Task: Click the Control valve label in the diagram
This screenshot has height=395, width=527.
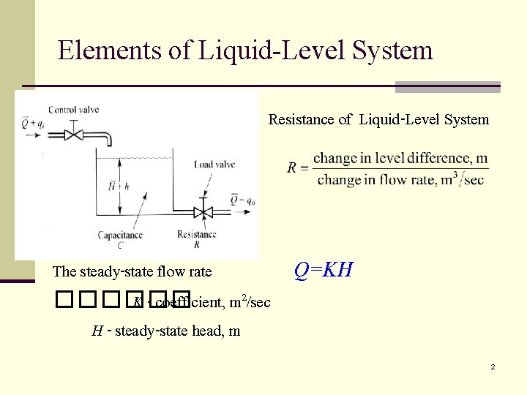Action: pos(73,110)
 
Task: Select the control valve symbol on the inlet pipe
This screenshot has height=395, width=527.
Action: pos(73,135)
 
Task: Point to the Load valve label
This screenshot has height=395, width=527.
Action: pos(214,165)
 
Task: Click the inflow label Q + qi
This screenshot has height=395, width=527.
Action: pos(31,124)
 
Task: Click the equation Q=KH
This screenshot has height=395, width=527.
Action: pos(324,270)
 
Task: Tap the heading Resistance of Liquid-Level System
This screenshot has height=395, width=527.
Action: pos(378,119)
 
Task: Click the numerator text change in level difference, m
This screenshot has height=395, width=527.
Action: pos(400,158)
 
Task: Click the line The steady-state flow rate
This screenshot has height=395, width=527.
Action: pos(132,272)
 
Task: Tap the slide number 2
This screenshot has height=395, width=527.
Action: pos(493,366)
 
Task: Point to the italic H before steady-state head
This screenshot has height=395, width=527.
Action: pos(97,331)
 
